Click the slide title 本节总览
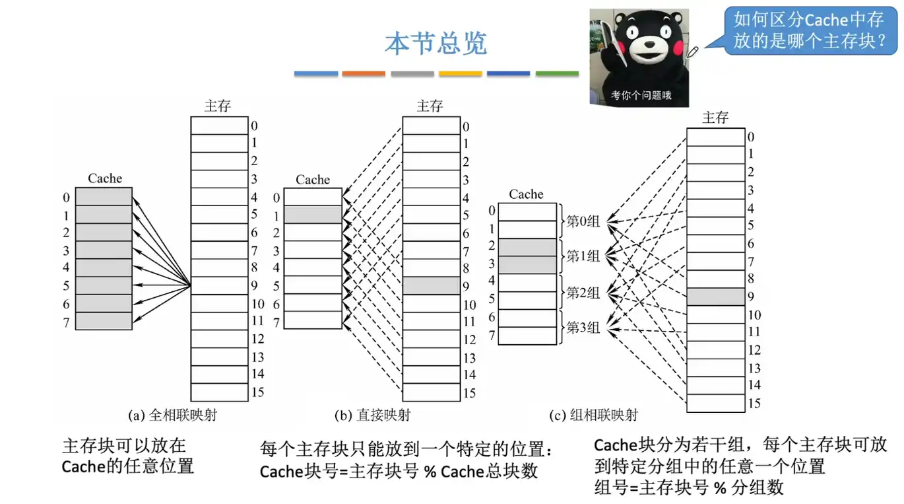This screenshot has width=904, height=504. click(x=436, y=44)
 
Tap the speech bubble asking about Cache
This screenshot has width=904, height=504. click(x=808, y=30)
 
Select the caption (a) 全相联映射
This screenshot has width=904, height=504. click(x=172, y=415)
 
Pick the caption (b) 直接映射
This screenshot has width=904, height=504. click(x=372, y=415)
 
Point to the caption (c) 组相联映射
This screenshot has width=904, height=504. click(x=594, y=415)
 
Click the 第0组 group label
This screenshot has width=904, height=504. click(x=583, y=221)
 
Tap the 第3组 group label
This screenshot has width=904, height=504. click(x=583, y=327)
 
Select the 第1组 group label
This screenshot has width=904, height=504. click(x=583, y=256)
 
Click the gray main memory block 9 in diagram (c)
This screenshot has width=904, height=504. click(x=715, y=297)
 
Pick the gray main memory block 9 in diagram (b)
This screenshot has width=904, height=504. click(x=431, y=285)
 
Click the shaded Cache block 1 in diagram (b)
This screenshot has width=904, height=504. click(x=313, y=214)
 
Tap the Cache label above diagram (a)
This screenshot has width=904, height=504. click(x=105, y=178)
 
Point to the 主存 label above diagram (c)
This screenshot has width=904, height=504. click(x=715, y=118)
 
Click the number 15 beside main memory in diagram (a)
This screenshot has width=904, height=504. click(x=257, y=392)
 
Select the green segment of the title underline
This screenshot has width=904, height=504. click(x=556, y=74)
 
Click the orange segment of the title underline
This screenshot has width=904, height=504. click(x=364, y=74)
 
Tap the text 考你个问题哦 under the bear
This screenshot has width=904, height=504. click(x=641, y=95)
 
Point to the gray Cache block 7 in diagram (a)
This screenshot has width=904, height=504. click(x=104, y=321)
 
